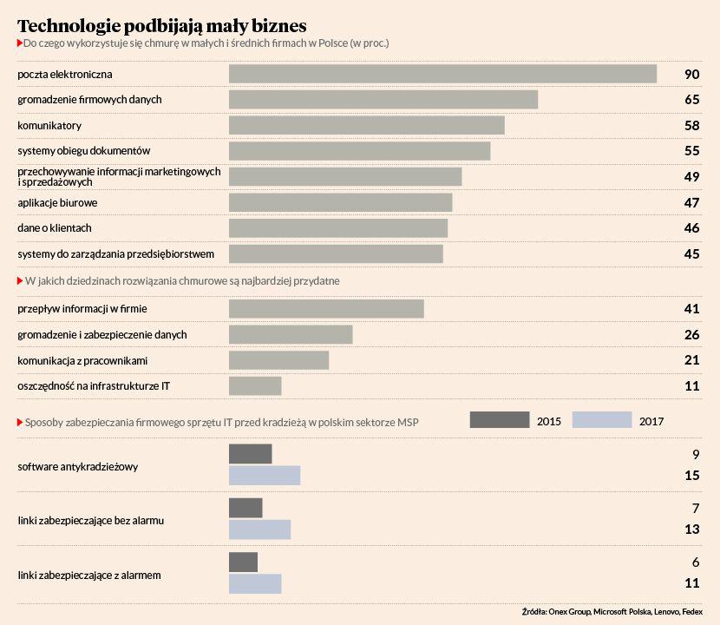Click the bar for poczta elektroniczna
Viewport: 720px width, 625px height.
[x=442, y=74]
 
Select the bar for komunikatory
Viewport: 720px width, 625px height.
[x=366, y=125]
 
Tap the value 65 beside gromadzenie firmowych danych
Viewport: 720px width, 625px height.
[x=691, y=100]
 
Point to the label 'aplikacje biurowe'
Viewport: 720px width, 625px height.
[x=57, y=202]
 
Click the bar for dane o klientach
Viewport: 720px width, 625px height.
[x=338, y=227]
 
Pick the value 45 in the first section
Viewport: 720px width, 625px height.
[x=691, y=253]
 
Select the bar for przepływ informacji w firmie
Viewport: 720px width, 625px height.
[x=326, y=309]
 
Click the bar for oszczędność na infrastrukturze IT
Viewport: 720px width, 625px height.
[x=255, y=386]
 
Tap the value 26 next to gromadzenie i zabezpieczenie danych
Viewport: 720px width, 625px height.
[x=691, y=334]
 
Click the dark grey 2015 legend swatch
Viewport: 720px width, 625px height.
[x=499, y=420]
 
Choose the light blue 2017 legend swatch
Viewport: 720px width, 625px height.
[x=602, y=420]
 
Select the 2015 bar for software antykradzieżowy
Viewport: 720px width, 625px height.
[x=250, y=454]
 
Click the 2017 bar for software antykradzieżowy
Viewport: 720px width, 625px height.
[x=265, y=476]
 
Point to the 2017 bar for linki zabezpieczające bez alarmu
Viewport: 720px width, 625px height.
[x=259, y=530]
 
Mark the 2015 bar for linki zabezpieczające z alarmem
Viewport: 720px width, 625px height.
[x=243, y=562]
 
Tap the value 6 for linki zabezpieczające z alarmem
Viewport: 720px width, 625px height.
[x=695, y=562]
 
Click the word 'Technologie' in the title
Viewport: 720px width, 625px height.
[x=72, y=24]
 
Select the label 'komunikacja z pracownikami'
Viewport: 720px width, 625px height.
[x=82, y=360]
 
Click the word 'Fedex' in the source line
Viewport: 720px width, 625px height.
[x=693, y=611]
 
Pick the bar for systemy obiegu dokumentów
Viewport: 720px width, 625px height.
[x=359, y=151]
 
